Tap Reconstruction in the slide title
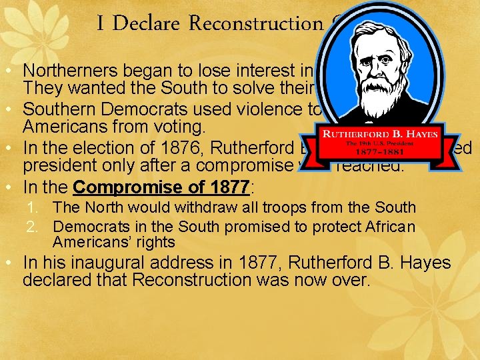pos(256,24)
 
